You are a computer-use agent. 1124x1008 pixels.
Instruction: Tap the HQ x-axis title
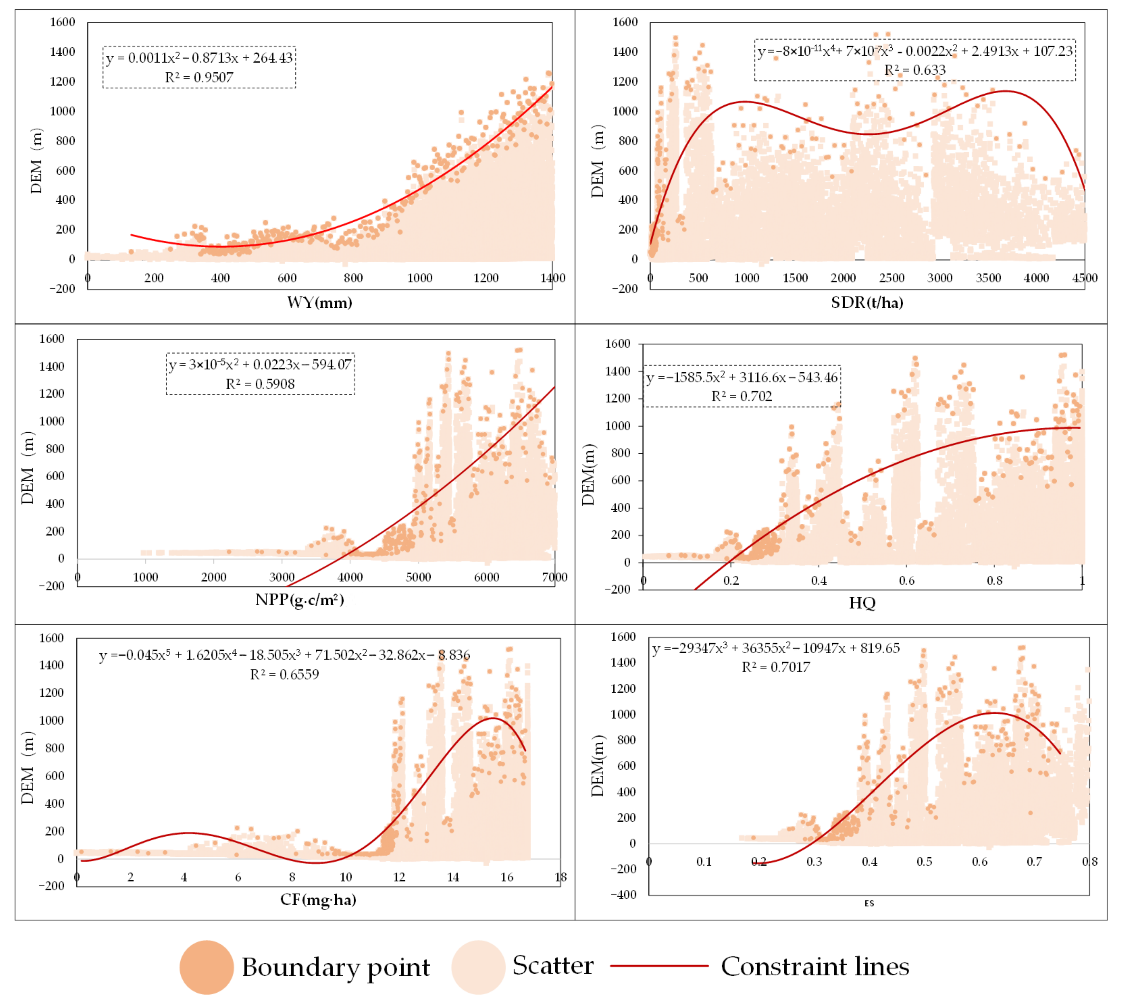click(x=862, y=603)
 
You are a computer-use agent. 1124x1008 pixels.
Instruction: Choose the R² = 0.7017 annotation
click(x=776, y=667)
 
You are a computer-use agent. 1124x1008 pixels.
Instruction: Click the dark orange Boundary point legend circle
click(x=206, y=967)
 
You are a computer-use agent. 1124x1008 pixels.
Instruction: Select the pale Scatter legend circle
click(x=478, y=967)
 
